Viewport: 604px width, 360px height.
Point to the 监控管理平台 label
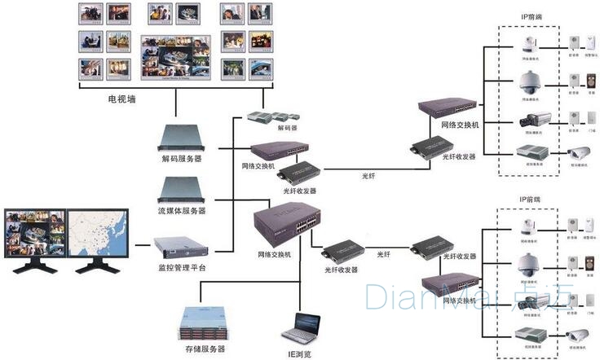point(181,266)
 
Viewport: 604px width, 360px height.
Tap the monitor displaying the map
point(93,233)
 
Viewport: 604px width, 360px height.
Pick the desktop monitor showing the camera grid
point(33,233)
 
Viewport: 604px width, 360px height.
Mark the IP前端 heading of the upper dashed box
point(531,16)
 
